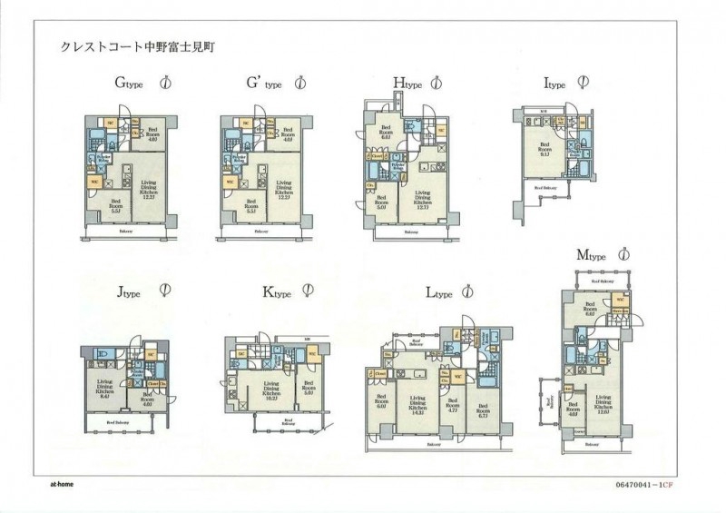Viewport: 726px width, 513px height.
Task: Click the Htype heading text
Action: click(408, 84)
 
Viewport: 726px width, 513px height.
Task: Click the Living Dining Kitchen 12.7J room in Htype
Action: click(423, 199)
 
